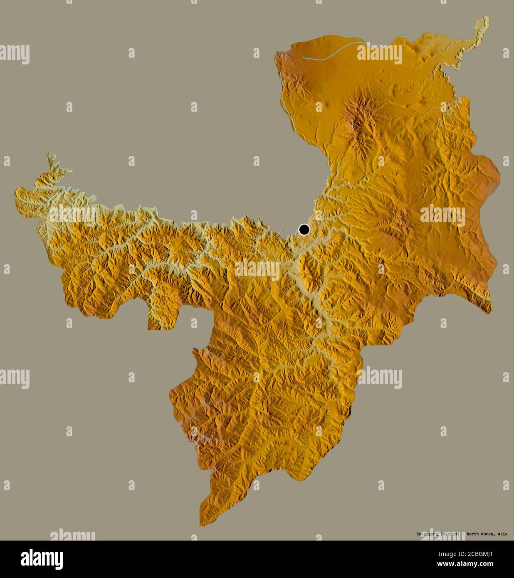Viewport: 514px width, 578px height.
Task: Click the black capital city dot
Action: pos(304,229)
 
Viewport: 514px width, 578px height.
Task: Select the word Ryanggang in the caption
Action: pos(428,534)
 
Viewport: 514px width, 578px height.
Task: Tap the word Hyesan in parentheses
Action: pos(450,534)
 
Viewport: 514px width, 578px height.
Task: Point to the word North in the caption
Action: pos(473,534)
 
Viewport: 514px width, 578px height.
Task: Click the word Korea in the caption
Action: pos(487,534)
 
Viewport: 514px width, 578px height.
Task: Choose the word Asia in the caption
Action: pos(502,534)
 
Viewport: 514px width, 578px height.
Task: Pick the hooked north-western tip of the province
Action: pos(48,153)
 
